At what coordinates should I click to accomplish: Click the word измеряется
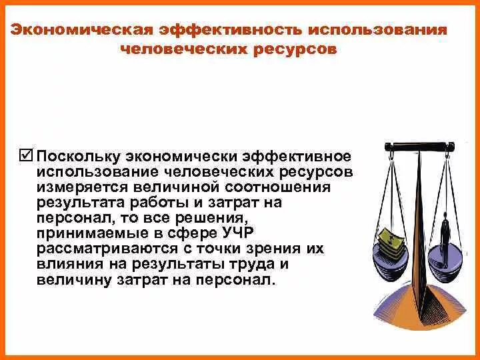[x=79, y=187]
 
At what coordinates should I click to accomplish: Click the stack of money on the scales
[x=390, y=240]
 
